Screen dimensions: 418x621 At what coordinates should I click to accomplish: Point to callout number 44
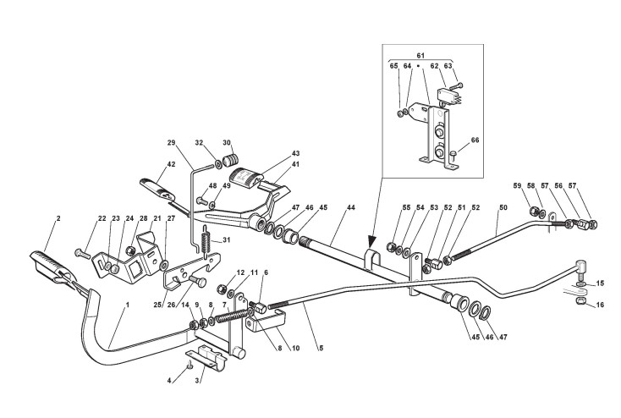point(349,207)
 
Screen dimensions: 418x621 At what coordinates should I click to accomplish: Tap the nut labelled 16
point(580,300)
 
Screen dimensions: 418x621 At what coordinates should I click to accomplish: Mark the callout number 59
point(516,186)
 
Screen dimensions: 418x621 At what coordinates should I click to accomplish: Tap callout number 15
point(601,283)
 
